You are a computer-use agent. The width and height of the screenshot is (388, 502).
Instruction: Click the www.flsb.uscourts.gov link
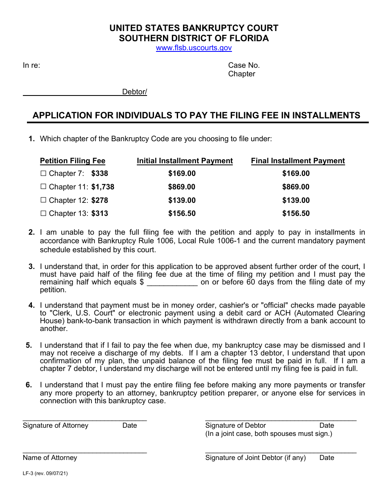coord(194,48)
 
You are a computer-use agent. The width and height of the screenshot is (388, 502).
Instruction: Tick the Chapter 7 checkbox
coord(43,173)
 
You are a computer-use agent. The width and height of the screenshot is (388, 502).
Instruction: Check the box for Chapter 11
coord(43,187)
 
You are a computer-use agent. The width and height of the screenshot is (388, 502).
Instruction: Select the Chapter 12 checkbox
coord(43,200)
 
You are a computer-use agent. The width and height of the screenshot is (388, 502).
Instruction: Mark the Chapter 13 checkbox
coord(43,213)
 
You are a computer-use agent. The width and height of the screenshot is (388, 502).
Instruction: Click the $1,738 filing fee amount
coord(103,187)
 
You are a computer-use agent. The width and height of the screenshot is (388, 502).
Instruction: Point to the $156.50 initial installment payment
coord(182,213)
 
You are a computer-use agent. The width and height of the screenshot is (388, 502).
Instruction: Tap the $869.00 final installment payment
coord(296,187)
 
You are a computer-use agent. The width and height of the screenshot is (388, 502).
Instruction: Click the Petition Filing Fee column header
coord(72,161)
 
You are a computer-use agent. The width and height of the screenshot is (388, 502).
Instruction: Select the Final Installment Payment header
coord(298,161)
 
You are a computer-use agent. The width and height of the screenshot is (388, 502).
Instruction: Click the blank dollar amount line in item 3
coord(172,282)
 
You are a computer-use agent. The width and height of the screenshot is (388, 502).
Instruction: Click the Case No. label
coord(244,65)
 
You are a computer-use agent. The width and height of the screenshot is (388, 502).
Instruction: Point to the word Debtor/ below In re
coord(134,92)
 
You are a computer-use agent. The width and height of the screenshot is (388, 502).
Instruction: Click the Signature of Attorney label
coord(56,425)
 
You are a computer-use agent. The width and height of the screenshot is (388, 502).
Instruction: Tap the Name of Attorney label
coord(50,458)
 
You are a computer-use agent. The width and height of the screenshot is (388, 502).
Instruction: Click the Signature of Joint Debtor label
coord(255,458)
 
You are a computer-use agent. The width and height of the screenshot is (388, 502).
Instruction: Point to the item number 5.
coord(29,345)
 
